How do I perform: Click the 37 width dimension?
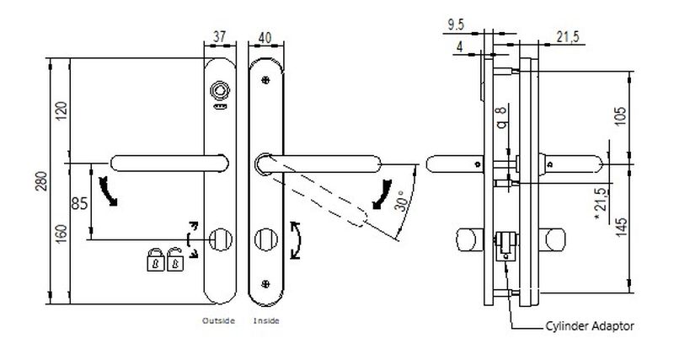tap(220, 36)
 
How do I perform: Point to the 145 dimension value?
tap(620, 227)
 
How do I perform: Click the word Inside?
tap(265, 321)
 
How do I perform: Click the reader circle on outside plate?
tap(221, 89)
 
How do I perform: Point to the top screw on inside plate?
tap(265, 80)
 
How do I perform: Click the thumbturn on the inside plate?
tap(265, 239)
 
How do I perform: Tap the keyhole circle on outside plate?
tap(221, 239)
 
